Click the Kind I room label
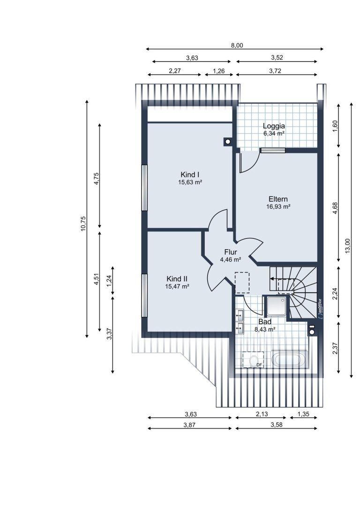(x=190, y=175)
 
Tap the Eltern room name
(x=278, y=199)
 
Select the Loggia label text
(x=274, y=126)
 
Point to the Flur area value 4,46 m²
(x=230, y=259)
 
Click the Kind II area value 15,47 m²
(x=177, y=287)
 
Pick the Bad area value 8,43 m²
(x=265, y=329)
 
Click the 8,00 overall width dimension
(x=237, y=46)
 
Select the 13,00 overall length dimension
(x=348, y=245)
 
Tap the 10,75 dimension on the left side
(x=83, y=224)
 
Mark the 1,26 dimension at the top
(x=218, y=71)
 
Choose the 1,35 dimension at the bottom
(x=303, y=414)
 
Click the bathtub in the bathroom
(x=290, y=360)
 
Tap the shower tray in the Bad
(x=277, y=306)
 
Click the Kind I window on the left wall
(x=144, y=188)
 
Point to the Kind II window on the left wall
(x=144, y=296)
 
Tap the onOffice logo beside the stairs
(x=320, y=308)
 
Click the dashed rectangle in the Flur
(x=242, y=282)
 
